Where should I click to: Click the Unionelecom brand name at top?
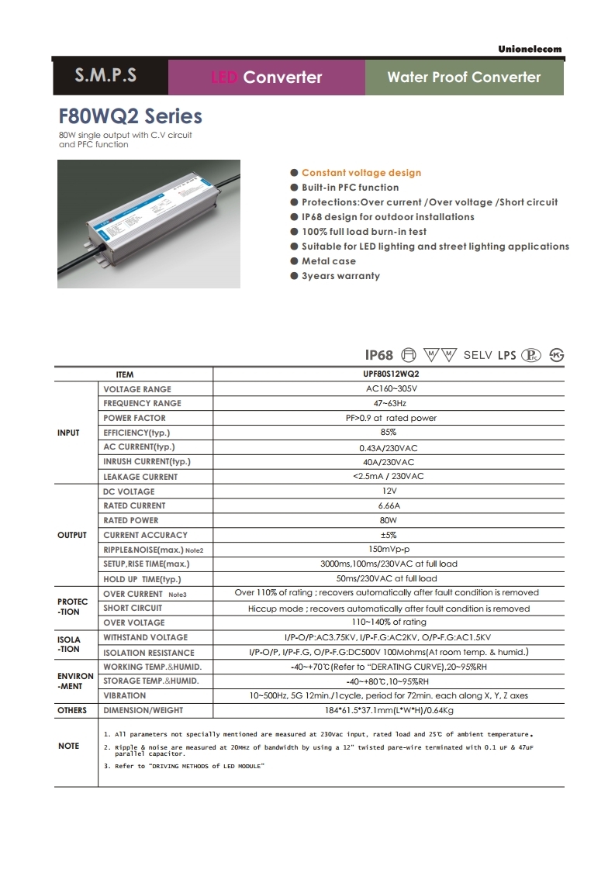click(530, 50)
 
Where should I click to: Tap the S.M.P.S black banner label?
click(105, 76)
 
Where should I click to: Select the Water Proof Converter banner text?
click(464, 77)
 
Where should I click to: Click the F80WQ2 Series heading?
click(130, 116)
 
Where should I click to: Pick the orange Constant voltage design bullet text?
click(361, 173)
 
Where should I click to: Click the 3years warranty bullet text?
click(340, 276)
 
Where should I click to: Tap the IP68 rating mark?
click(379, 355)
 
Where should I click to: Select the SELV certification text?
click(478, 355)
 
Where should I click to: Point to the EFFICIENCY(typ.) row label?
click(136, 433)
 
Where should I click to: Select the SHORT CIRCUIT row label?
click(133, 608)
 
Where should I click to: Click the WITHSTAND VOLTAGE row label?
click(145, 637)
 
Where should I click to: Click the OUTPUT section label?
click(72, 535)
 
